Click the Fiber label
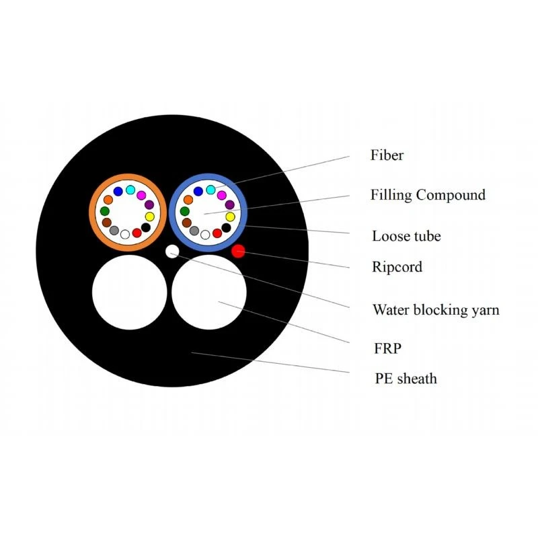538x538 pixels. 387,155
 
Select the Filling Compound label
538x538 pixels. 428,195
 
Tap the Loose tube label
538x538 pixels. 406,236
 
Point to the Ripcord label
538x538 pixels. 397,267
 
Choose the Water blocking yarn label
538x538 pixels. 436,310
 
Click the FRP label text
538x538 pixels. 388,348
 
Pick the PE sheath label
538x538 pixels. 406,379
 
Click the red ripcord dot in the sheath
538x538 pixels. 238,251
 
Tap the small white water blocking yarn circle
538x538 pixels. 172,251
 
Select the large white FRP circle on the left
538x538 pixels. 130,292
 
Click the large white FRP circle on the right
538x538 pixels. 209,292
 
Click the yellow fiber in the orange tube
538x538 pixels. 149,217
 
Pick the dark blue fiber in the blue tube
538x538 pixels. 198,191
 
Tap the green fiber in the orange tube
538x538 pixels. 105,211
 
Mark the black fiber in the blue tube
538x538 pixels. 226,227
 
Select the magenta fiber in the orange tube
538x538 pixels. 141,195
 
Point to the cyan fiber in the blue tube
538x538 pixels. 210,190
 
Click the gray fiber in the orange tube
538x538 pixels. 114,230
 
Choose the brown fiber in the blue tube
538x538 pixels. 187,223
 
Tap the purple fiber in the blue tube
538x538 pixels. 229,205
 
